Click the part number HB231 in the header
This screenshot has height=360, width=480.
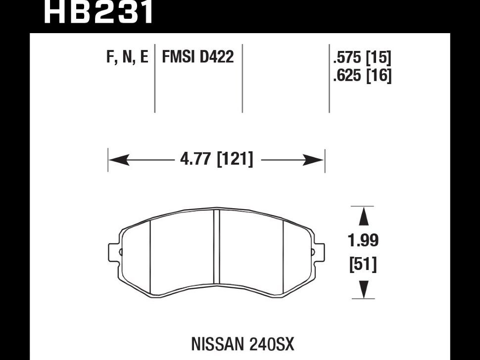(99, 12)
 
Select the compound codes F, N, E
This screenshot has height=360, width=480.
(127, 58)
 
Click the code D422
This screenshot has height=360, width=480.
(217, 58)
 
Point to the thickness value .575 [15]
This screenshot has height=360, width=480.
(362, 59)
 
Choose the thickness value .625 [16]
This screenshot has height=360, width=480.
(362, 76)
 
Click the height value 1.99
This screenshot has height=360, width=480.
(363, 241)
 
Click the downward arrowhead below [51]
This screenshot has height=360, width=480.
(363, 289)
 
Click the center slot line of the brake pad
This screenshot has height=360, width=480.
(216, 252)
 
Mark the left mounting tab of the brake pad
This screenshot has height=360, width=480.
(114, 251)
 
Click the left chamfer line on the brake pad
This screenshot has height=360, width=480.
(150, 255)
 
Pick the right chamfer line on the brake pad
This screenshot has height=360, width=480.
(283, 255)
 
